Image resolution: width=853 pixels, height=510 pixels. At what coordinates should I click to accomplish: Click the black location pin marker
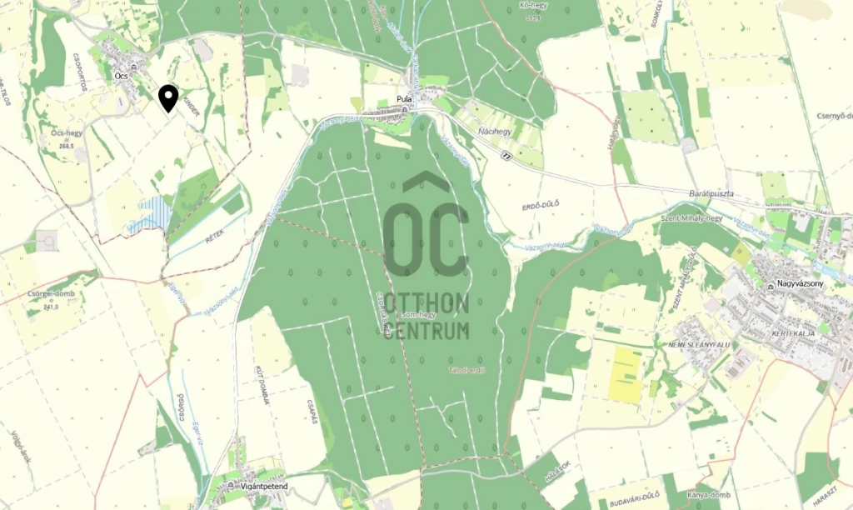click(168, 98)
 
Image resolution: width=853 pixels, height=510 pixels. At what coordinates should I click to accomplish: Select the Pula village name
click(405, 98)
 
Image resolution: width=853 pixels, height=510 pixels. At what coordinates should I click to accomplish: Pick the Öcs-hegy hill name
click(67, 133)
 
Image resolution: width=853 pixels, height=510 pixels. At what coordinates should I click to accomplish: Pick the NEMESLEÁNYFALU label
click(700, 344)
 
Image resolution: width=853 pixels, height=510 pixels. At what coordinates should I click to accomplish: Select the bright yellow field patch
click(626, 375)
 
